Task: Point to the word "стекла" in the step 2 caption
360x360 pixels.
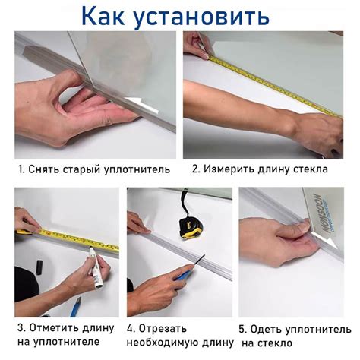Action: coord(314,169)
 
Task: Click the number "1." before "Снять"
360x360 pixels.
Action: coord(23,169)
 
